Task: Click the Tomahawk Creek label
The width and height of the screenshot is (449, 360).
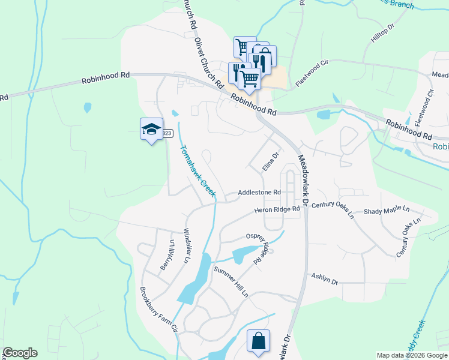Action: click(197, 170)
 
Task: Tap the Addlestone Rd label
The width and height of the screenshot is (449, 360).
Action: click(259, 192)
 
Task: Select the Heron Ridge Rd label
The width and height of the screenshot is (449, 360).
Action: click(277, 209)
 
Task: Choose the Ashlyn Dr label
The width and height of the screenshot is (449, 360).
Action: click(325, 278)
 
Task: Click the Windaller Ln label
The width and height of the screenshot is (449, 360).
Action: click(186, 244)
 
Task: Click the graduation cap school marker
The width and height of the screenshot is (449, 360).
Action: click(152, 129)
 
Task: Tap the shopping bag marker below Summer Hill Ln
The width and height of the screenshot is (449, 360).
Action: click(258, 341)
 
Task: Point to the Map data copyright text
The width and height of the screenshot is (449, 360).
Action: click(412, 355)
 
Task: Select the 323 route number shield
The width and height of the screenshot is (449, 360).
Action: click(167, 133)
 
